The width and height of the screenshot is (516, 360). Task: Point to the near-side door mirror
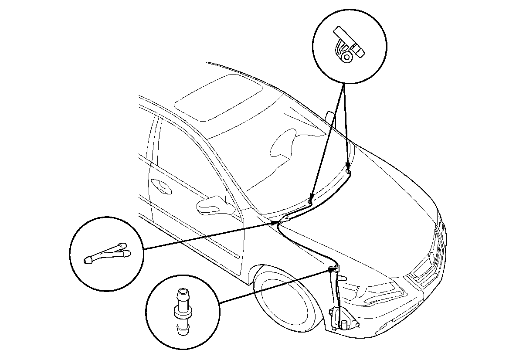coord(214,204)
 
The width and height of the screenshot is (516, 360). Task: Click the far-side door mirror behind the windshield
coord(330,120)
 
